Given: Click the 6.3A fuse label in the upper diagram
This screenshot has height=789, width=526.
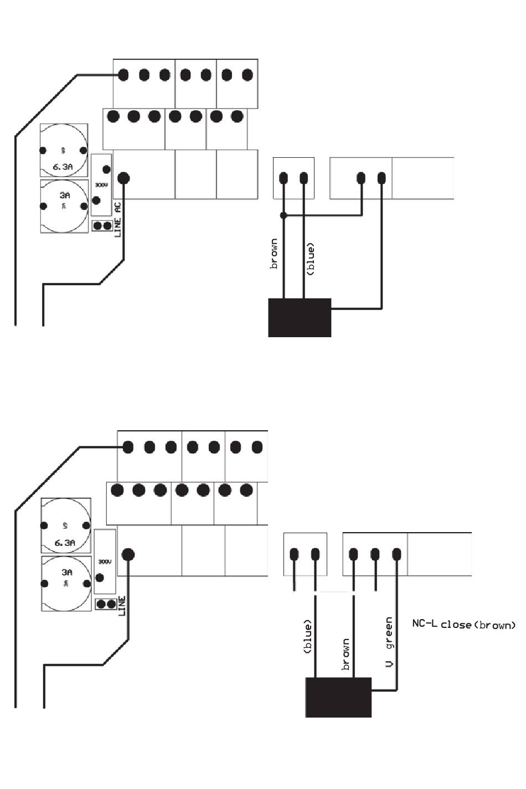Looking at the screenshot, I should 64,166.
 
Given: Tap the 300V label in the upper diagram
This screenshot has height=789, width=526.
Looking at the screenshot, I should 101,184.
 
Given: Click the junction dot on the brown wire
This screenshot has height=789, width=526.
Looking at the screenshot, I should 283,215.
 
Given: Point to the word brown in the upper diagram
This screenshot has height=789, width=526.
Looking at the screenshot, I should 274,254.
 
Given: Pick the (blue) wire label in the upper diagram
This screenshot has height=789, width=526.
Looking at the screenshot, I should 311,259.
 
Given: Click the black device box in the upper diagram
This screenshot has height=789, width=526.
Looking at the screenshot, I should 300,317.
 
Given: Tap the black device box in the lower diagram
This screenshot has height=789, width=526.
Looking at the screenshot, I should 338,697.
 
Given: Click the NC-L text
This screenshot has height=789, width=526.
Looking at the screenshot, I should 425,624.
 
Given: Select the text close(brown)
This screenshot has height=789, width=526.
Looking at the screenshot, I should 478,625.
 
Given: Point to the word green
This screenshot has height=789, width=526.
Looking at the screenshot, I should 389,633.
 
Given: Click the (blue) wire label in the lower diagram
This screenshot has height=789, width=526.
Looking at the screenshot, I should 308,637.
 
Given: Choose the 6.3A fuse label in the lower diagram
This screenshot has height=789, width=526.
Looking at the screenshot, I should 65,543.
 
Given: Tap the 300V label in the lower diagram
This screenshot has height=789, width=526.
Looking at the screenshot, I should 105,561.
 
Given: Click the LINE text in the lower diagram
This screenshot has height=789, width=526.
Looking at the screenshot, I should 122,606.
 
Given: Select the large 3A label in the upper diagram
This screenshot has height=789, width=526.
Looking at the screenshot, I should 65,195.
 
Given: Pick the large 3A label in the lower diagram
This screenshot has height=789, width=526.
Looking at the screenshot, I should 66,572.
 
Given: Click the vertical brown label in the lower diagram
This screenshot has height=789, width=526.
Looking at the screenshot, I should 346,654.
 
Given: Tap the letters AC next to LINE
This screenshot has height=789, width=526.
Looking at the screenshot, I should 118,208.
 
